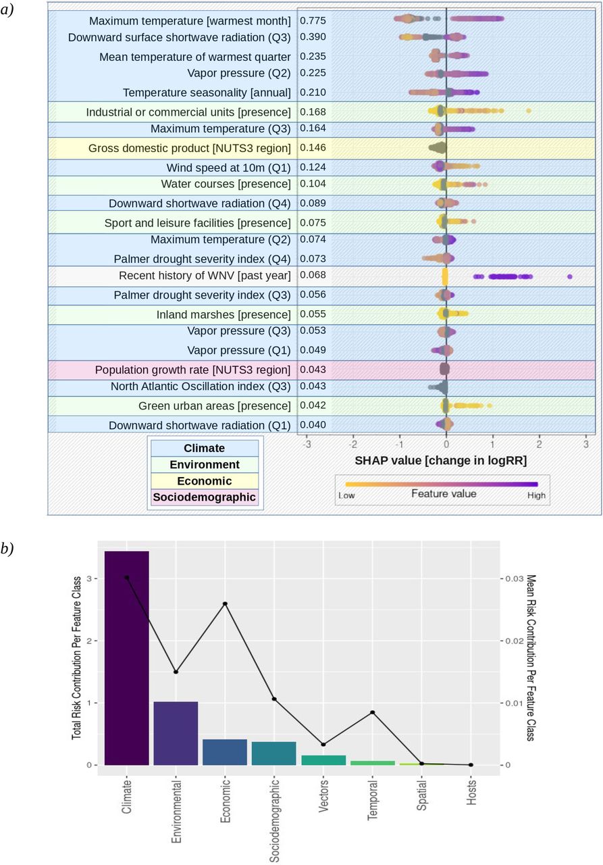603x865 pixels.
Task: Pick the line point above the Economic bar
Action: tap(226, 603)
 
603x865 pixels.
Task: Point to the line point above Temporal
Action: tap(373, 712)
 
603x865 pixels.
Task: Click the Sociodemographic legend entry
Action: tap(205, 497)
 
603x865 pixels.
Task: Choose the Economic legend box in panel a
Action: tap(205, 480)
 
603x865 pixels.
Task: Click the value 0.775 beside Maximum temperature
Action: tap(313, 20)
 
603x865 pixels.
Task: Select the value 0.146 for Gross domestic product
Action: tap(313, 147)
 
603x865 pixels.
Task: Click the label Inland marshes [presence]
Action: tap(224, 315)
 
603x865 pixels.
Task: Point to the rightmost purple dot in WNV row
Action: tap(570, 276)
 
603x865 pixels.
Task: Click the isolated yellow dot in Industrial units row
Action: tap(529, 111)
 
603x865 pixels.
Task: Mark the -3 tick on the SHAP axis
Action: tap(307, 444)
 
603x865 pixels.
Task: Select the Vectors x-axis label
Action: tap(323, 795)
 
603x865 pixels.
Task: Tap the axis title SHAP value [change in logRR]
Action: tap(440, 460)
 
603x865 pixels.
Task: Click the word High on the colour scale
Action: tap(536, 495)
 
